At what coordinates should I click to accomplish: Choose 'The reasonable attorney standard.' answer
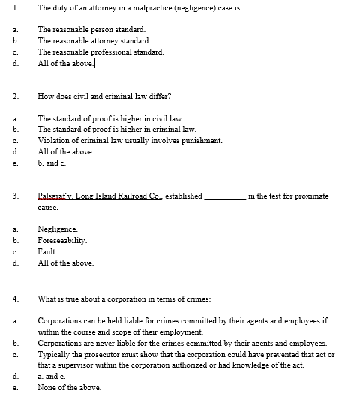(x=94, y=40)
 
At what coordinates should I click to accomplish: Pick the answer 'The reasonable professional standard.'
(x=100, y=52)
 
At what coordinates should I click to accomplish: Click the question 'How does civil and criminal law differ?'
(x=106, y=97)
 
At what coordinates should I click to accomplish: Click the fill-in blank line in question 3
(x=224, y=196)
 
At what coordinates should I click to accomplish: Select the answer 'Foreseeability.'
(x=62, y=241)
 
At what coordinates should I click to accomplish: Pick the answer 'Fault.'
(x=48, y=252)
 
